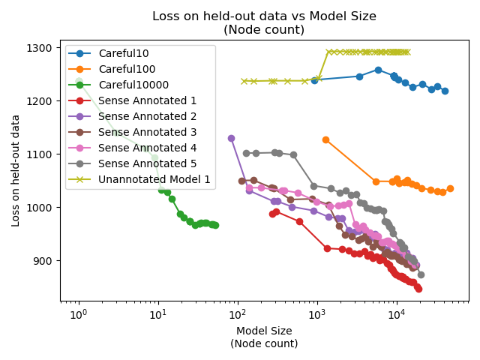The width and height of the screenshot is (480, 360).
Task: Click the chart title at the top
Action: [264, 22]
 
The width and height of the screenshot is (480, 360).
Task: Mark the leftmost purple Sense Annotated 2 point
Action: [231, 138]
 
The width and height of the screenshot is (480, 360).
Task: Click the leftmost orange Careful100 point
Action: [325, 139]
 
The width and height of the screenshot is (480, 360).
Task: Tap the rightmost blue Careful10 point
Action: [445, 91]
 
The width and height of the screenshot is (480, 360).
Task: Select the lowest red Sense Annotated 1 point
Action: [418, 289]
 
